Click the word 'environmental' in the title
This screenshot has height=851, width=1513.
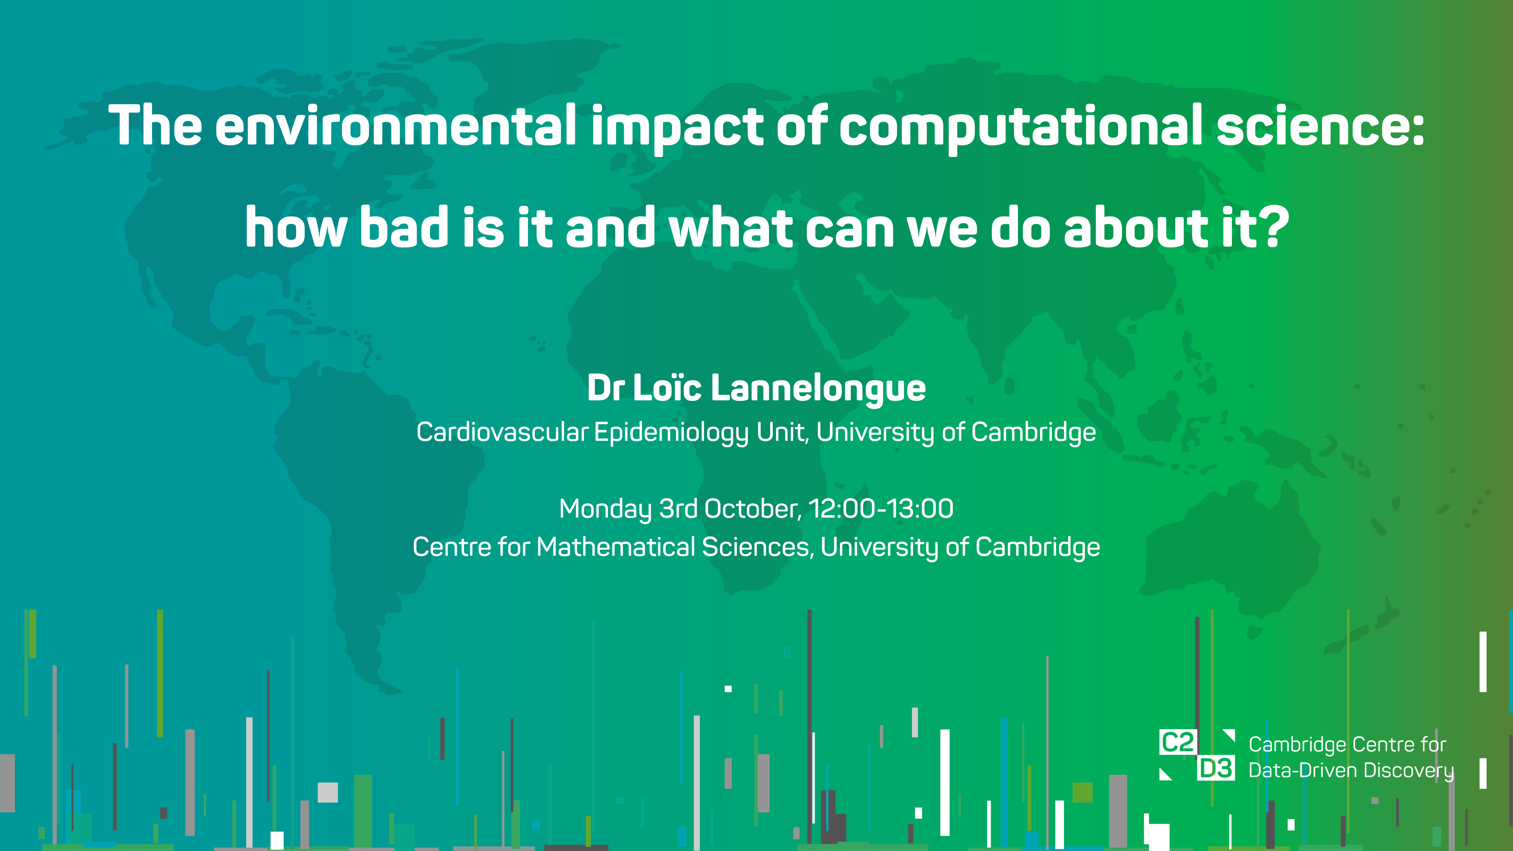[x=396, y=125]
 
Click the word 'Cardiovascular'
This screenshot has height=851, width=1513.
[x=502, y=432]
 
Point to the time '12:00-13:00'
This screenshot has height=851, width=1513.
[x=881, y=509]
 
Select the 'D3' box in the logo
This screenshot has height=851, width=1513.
[x=1215, y=768]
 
